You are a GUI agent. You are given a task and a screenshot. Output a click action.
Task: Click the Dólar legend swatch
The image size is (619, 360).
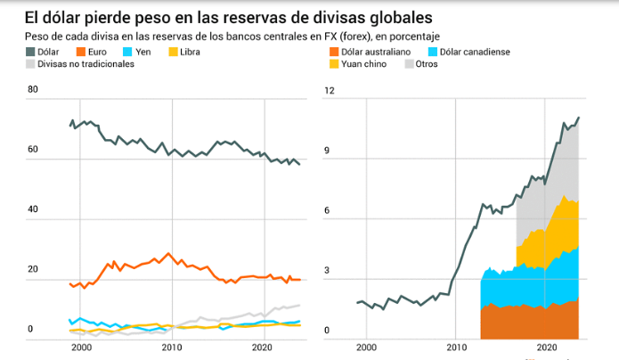point(29,53)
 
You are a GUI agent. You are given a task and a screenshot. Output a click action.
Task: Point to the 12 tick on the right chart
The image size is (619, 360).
point(328,91)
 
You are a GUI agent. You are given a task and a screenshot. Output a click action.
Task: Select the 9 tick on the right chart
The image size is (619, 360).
point(328,151)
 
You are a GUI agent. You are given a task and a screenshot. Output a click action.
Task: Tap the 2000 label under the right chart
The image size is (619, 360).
point(366,347)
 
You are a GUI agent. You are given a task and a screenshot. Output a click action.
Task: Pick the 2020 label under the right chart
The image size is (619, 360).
point(547,347)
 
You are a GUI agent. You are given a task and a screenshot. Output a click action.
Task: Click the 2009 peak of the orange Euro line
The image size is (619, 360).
point(169,253)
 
